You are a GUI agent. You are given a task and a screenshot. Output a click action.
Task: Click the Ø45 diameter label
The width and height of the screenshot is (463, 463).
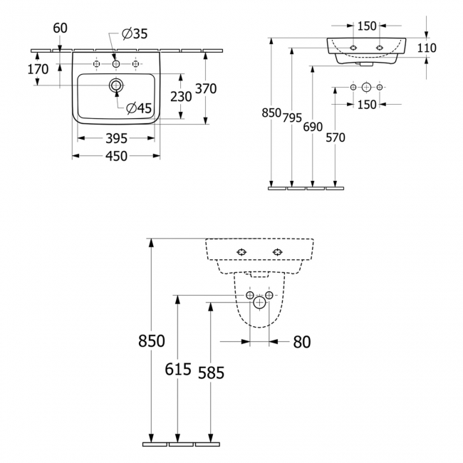pyautogui.click(x=140, y=108)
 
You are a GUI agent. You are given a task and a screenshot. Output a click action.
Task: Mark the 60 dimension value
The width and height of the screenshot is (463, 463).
pyautogui.click(x=61, y=28)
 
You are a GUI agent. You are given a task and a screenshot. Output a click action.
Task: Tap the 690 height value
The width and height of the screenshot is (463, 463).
pyautogui.click(x=313, y=127)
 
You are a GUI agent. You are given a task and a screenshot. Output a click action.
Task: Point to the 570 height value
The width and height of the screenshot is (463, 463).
pyautogui.click(x=334, y=137)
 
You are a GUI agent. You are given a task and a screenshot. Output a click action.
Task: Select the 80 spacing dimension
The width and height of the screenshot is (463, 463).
pyautogui.click(x=302, y=342)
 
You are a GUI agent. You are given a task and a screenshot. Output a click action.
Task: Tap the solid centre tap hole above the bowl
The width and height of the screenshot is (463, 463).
pyautogui.click(x=116, y=64)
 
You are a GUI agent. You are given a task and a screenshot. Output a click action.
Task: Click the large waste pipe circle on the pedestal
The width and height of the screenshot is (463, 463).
pyautogui.click(x=259, y=303)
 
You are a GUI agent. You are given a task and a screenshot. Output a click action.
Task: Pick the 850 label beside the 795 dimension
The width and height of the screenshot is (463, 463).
pyautogui.click(x=272, y=113)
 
